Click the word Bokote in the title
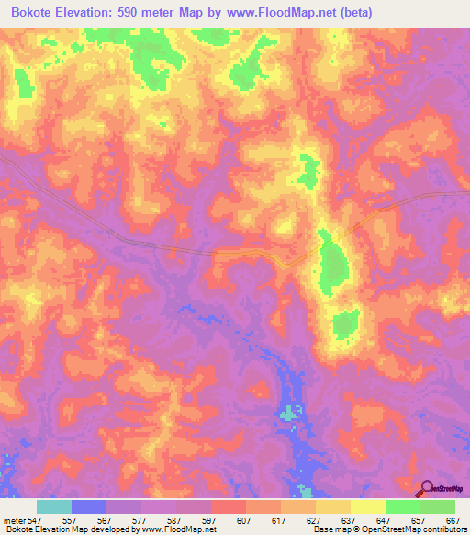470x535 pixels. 38,13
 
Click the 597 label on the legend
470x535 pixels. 210,519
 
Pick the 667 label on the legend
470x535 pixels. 452,519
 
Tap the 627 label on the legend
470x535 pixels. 314,519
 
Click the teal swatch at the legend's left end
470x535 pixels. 54,507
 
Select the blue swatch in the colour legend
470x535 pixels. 89,507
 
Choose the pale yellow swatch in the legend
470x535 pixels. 367,507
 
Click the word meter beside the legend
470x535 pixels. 13,519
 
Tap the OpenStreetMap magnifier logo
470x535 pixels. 428,489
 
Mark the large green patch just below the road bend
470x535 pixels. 335,267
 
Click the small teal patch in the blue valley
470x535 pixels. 291,413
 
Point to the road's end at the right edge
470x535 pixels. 465,195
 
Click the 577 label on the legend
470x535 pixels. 141,519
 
